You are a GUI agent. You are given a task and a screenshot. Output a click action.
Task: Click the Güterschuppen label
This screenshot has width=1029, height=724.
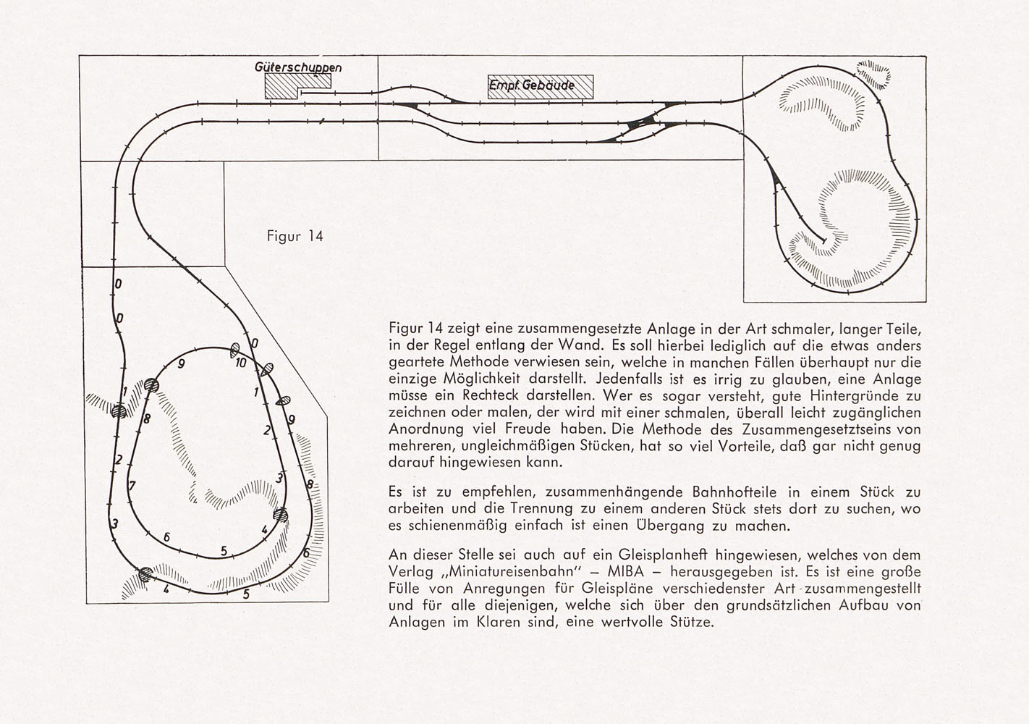(298, 67)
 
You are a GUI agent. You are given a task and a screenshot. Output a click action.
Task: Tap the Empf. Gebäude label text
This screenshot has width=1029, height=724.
(531, 85)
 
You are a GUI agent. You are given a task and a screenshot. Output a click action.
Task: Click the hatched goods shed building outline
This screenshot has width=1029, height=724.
(297, 86)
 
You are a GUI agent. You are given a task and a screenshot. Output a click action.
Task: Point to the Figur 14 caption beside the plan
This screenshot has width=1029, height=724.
(295, 236)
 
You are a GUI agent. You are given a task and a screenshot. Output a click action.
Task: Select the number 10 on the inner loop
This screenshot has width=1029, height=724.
(241, 363)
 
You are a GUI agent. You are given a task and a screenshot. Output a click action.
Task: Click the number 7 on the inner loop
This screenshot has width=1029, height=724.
(132, 485)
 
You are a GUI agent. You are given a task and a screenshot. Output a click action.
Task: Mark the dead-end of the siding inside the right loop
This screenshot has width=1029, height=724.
(823, 240)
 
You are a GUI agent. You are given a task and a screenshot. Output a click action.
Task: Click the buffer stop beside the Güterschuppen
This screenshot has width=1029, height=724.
(301, 93)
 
